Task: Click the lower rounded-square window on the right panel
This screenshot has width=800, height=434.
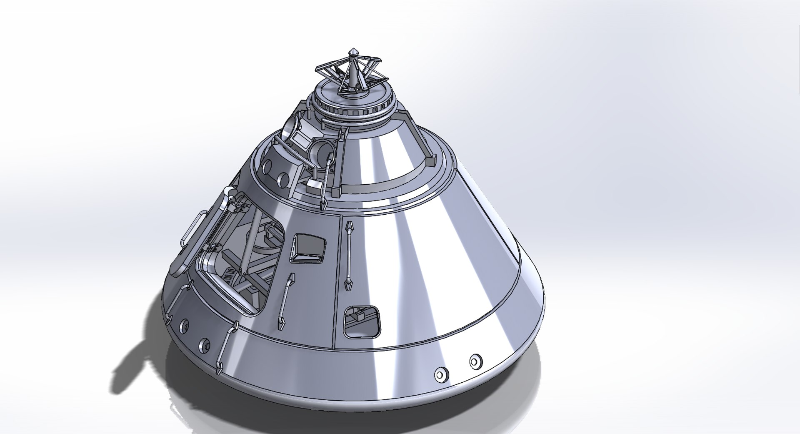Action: pyautogui.click(x=362, y=322)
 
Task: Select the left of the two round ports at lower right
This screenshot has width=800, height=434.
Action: pyautogui.click(x=439, y=374)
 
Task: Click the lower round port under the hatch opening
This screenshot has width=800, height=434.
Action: pyautogui.click(x=204, y=344)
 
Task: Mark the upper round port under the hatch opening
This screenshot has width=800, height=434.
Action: pyautogui.click(x=184, y=326)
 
